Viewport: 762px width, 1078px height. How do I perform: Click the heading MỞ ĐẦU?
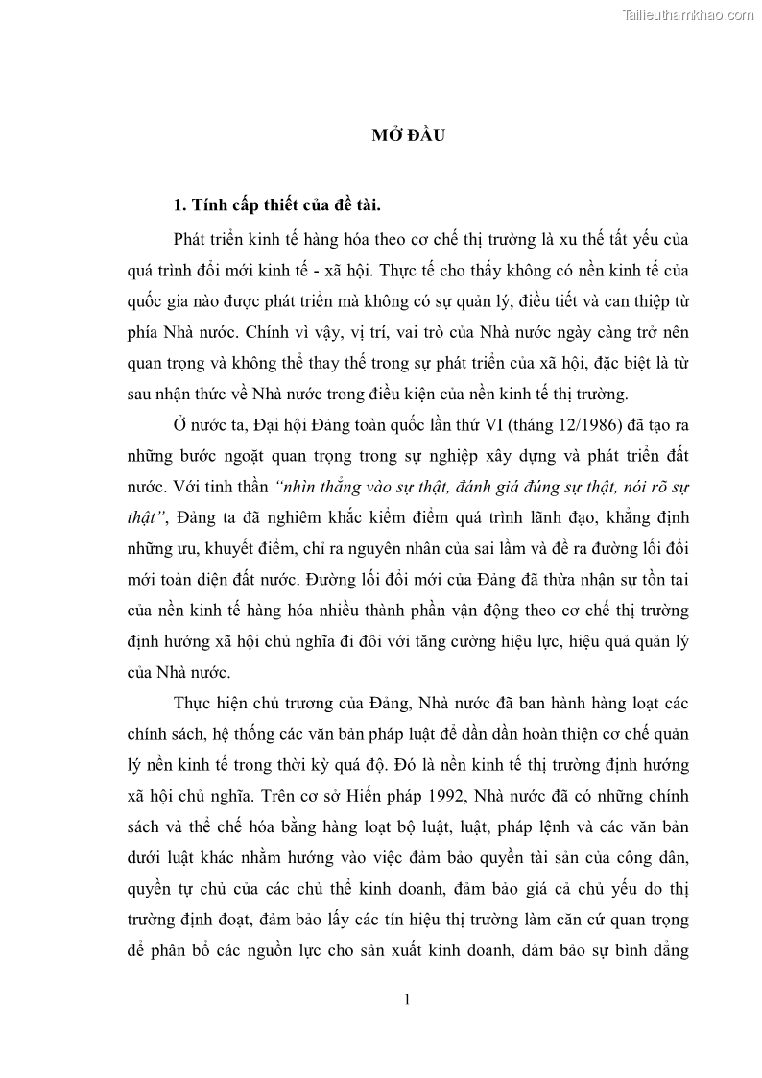pyautogui.click(x=408, y=134)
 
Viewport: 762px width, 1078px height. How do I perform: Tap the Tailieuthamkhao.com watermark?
pyautogui.click(x=688, y=14)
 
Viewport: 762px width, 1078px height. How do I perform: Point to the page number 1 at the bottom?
pyautogui.click(x=408, y=999)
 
